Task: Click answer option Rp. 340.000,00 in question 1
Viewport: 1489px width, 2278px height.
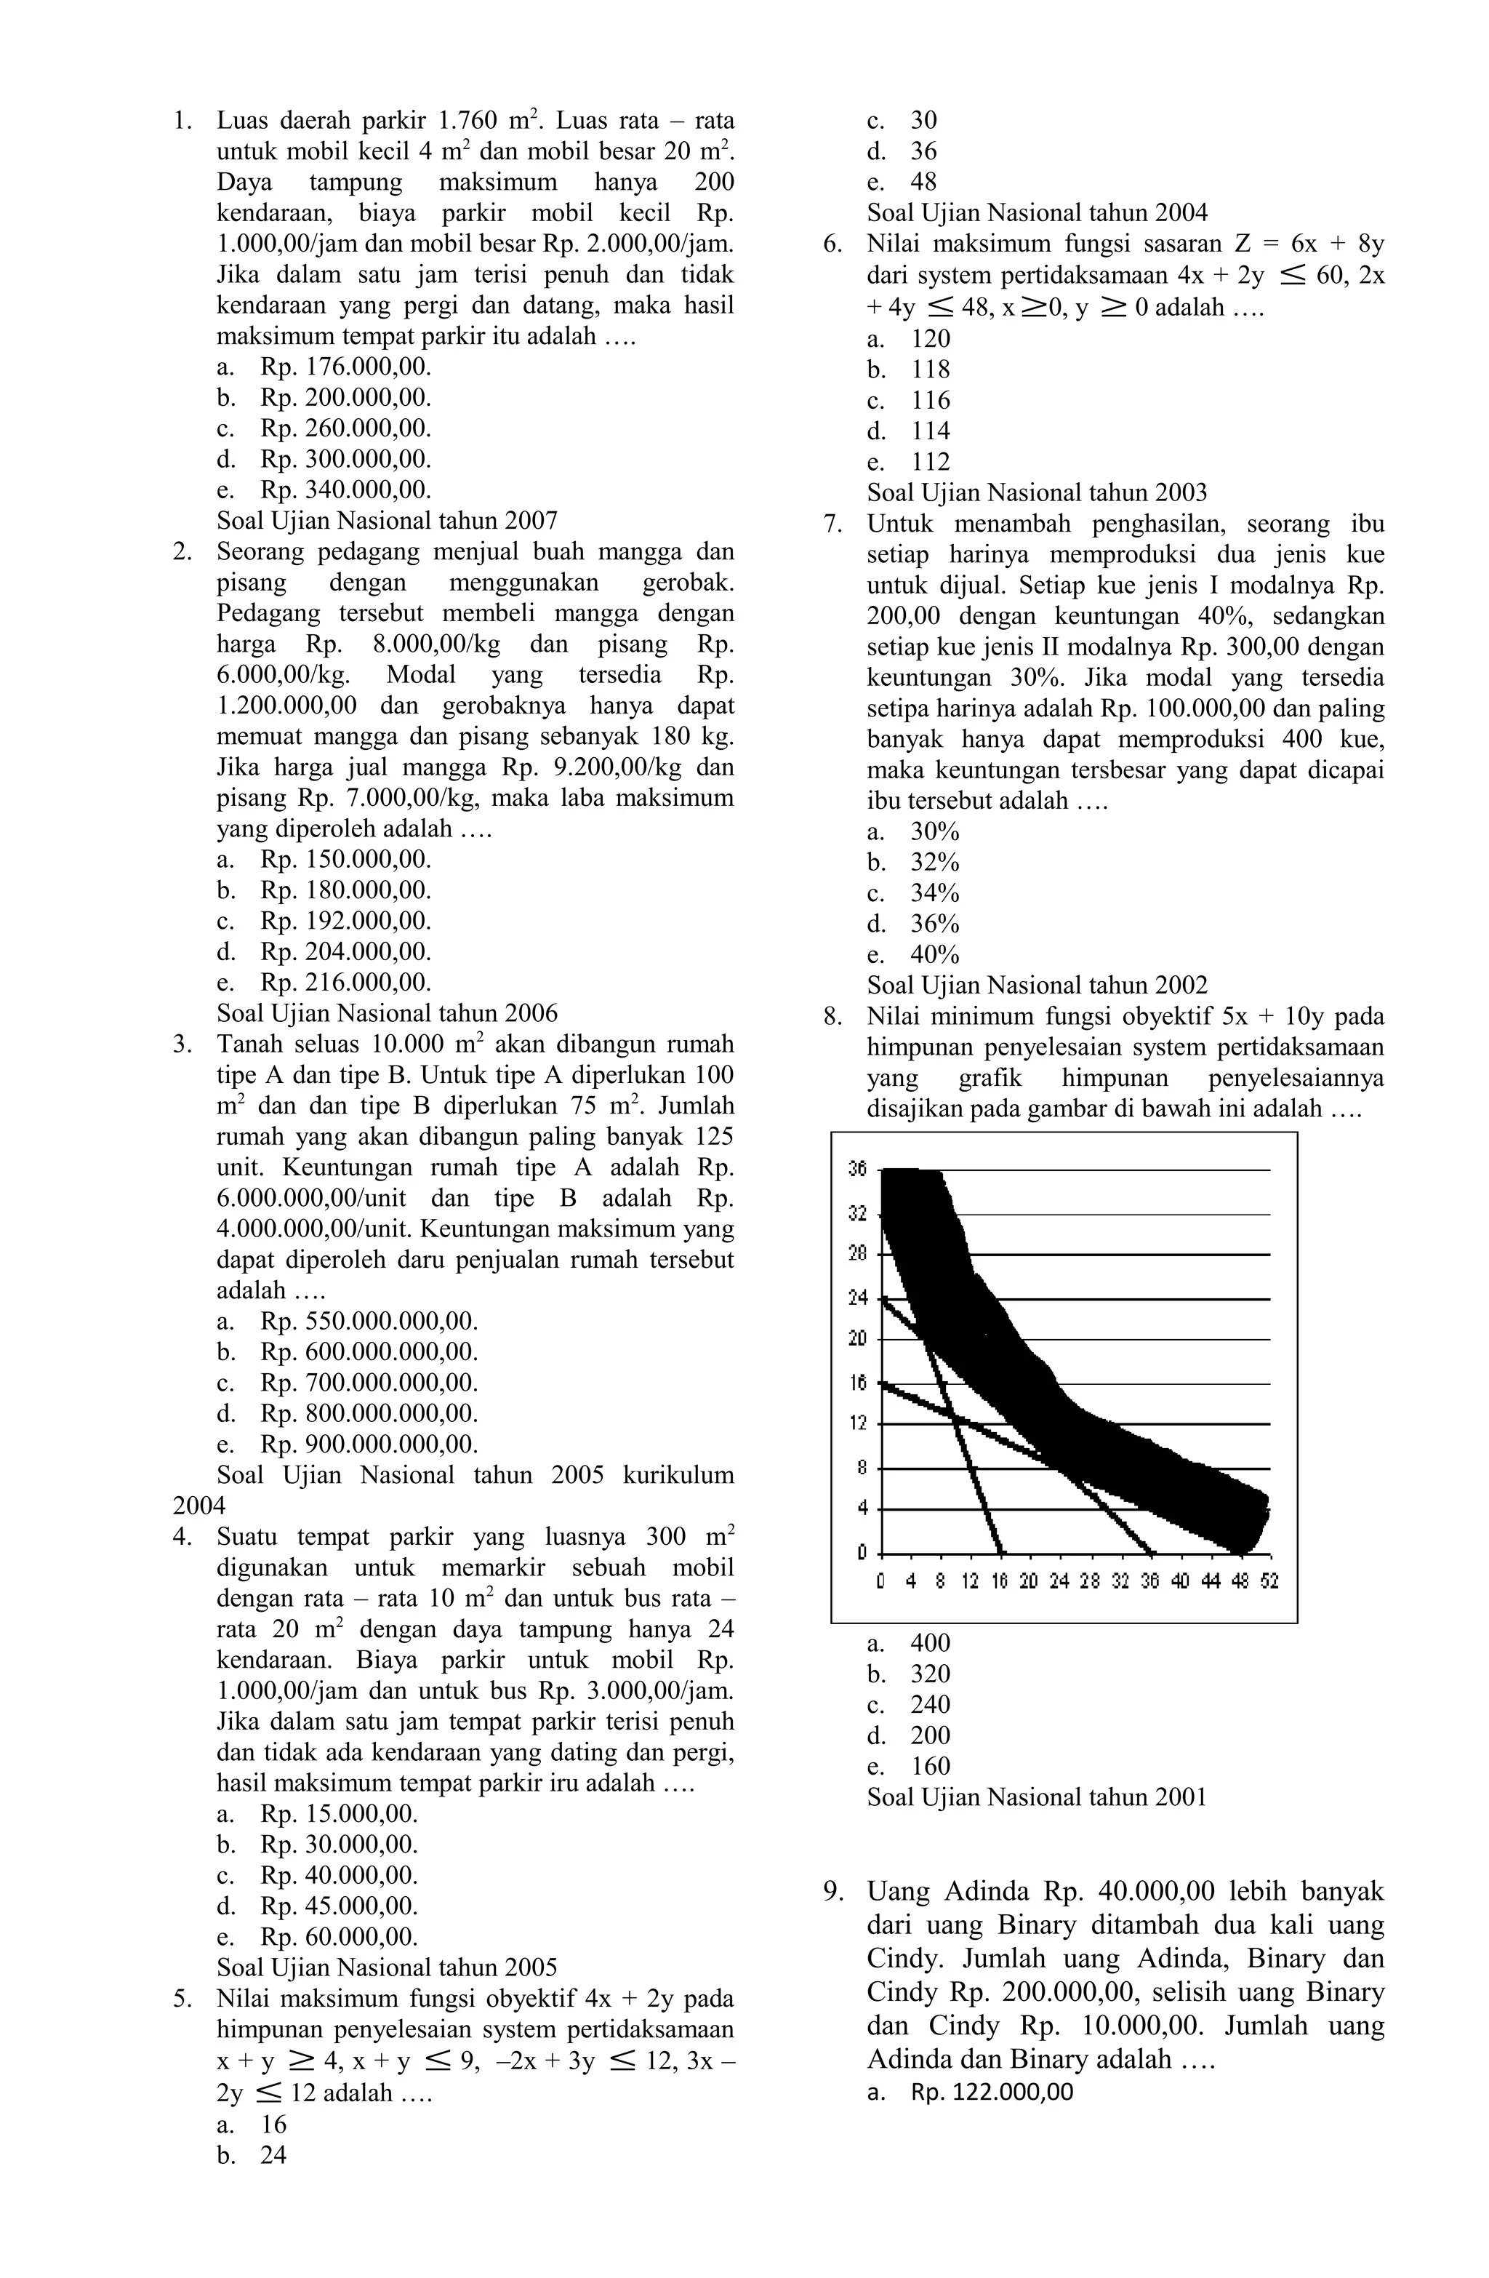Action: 345,490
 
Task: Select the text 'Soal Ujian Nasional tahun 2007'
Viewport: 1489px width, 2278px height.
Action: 387,521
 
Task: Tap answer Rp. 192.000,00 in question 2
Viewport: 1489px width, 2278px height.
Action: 345,921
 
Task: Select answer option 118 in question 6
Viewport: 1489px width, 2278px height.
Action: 930,369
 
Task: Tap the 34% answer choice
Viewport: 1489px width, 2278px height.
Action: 934,893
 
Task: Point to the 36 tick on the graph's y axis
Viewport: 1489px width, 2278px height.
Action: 856,1169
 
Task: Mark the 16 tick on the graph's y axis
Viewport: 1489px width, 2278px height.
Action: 856,1382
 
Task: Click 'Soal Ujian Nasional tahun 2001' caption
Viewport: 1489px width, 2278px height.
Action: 1036,1797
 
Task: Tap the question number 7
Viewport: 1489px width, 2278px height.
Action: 830,524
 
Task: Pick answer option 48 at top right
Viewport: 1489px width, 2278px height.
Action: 923,182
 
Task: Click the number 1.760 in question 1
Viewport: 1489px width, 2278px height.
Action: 468,121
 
